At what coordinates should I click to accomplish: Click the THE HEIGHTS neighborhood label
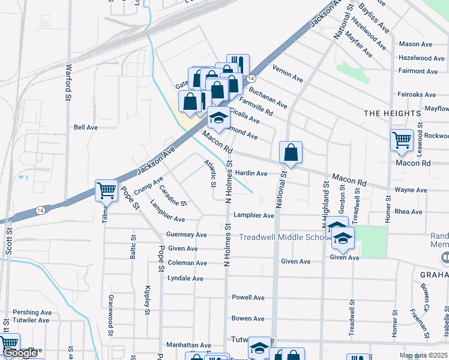tap(393, 113)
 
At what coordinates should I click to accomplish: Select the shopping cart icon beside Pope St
tap(106, 191)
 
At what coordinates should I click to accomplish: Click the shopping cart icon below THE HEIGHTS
tap(401, 140)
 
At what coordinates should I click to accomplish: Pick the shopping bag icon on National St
tap(291, 153)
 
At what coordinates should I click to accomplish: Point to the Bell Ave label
tap(85, 127)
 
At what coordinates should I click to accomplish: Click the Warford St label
tap(68, 83)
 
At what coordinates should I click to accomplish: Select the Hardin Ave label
tap(251, 173)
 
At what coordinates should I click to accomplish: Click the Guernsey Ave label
tap(187, 235)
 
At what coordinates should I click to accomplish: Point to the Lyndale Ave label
tap(185, 278)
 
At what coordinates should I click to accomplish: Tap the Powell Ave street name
tap(248, 298)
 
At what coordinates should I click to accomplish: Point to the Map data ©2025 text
tap(423, 355)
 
